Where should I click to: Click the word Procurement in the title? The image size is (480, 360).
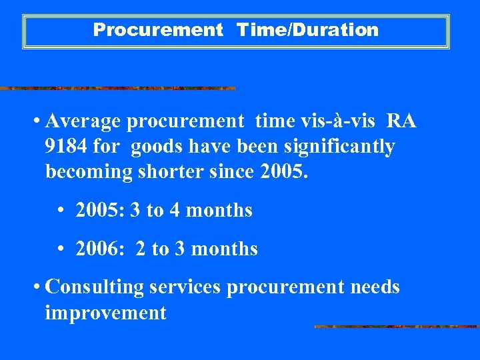(x=158, y=30)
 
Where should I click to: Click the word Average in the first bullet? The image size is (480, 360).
(x=83, y=121)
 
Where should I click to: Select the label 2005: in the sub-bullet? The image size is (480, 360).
(x=99, y=211)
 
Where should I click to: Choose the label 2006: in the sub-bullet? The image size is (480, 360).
(x=99, y=249)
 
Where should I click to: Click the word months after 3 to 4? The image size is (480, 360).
(x=219, y=211)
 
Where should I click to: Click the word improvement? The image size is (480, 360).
(x=105, y=313)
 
